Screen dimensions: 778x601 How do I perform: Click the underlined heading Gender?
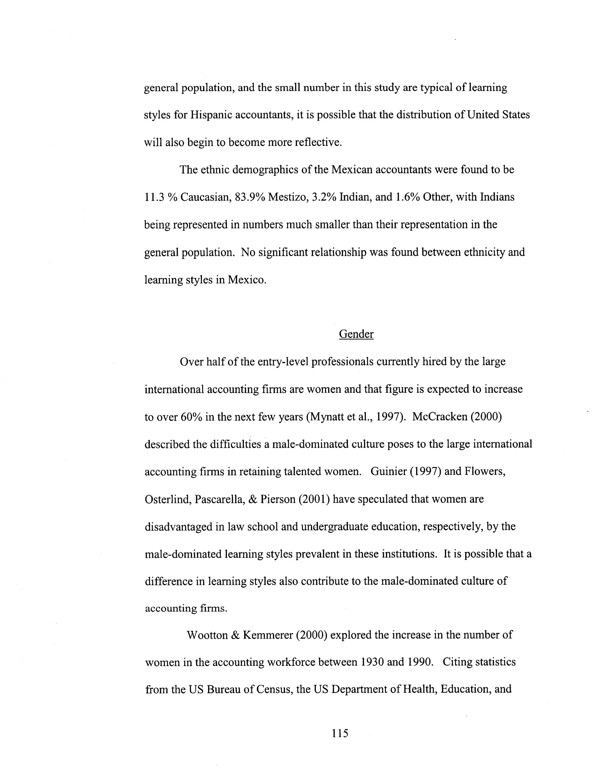click(356, 334)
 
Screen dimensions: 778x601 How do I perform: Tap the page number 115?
click(340, 733)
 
